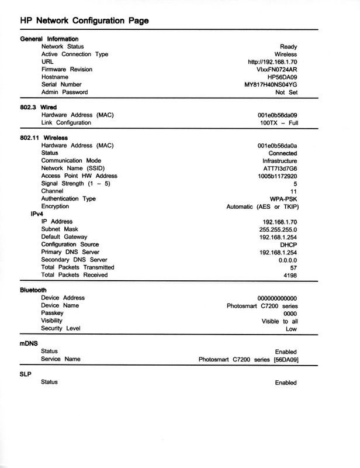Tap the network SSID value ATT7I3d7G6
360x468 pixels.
280,168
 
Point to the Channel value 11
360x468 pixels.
293,191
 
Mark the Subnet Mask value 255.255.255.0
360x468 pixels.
277,229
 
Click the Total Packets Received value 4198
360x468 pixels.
289,275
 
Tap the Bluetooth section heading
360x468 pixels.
33,290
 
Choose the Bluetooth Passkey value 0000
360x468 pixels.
290,313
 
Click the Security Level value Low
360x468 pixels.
291,329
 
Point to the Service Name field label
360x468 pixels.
61,359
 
